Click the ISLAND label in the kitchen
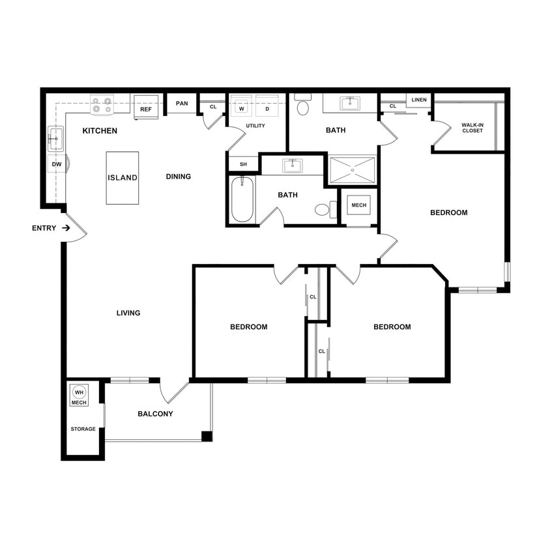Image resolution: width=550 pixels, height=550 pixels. pyautogui.click(x=123, y=177)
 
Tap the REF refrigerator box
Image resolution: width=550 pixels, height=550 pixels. pyautogui.click(x=146, y=109)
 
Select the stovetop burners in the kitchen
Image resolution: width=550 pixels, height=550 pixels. pyautogui.click(x=102, y=102)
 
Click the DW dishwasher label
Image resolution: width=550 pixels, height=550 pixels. pyautogui.click(x=57, y=164)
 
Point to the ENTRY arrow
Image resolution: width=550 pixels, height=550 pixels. pyautogui.click(x=66, y=228)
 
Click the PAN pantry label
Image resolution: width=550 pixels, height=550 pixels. pyautogui.click(x=182, y=104)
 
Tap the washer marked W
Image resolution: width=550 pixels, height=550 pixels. pyautogui.click(x=240, y=108)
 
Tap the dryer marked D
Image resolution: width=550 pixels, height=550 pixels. pyautogui.click(x=267, y=108)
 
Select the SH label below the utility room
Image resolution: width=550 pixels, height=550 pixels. pyautogui.click(x=243, y=164)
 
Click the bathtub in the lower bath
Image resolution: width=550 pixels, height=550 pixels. pyautogui.click(x=242, y=199)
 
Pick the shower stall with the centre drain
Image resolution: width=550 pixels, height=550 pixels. pyautogui.click(x=353, y=170)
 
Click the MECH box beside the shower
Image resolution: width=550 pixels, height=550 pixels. pyautogui.click(x=359, y=205)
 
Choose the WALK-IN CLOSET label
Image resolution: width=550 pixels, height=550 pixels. pyautogui.click(x=472, y=128)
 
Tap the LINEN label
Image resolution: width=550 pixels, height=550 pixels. pyautogui.click(x=419, y=100)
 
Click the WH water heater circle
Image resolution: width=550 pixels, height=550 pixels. pyautogui.click(x=79, y=392)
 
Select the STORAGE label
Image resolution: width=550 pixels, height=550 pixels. pyautogui.click(x=83, y=429)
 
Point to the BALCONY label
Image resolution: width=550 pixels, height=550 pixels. pyautogui.click(x=155, y=414)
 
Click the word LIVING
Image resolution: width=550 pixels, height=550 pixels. pyautogui.click(x=128, y=313)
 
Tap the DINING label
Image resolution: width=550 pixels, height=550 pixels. pyautogui.click(x=178, y=177)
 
